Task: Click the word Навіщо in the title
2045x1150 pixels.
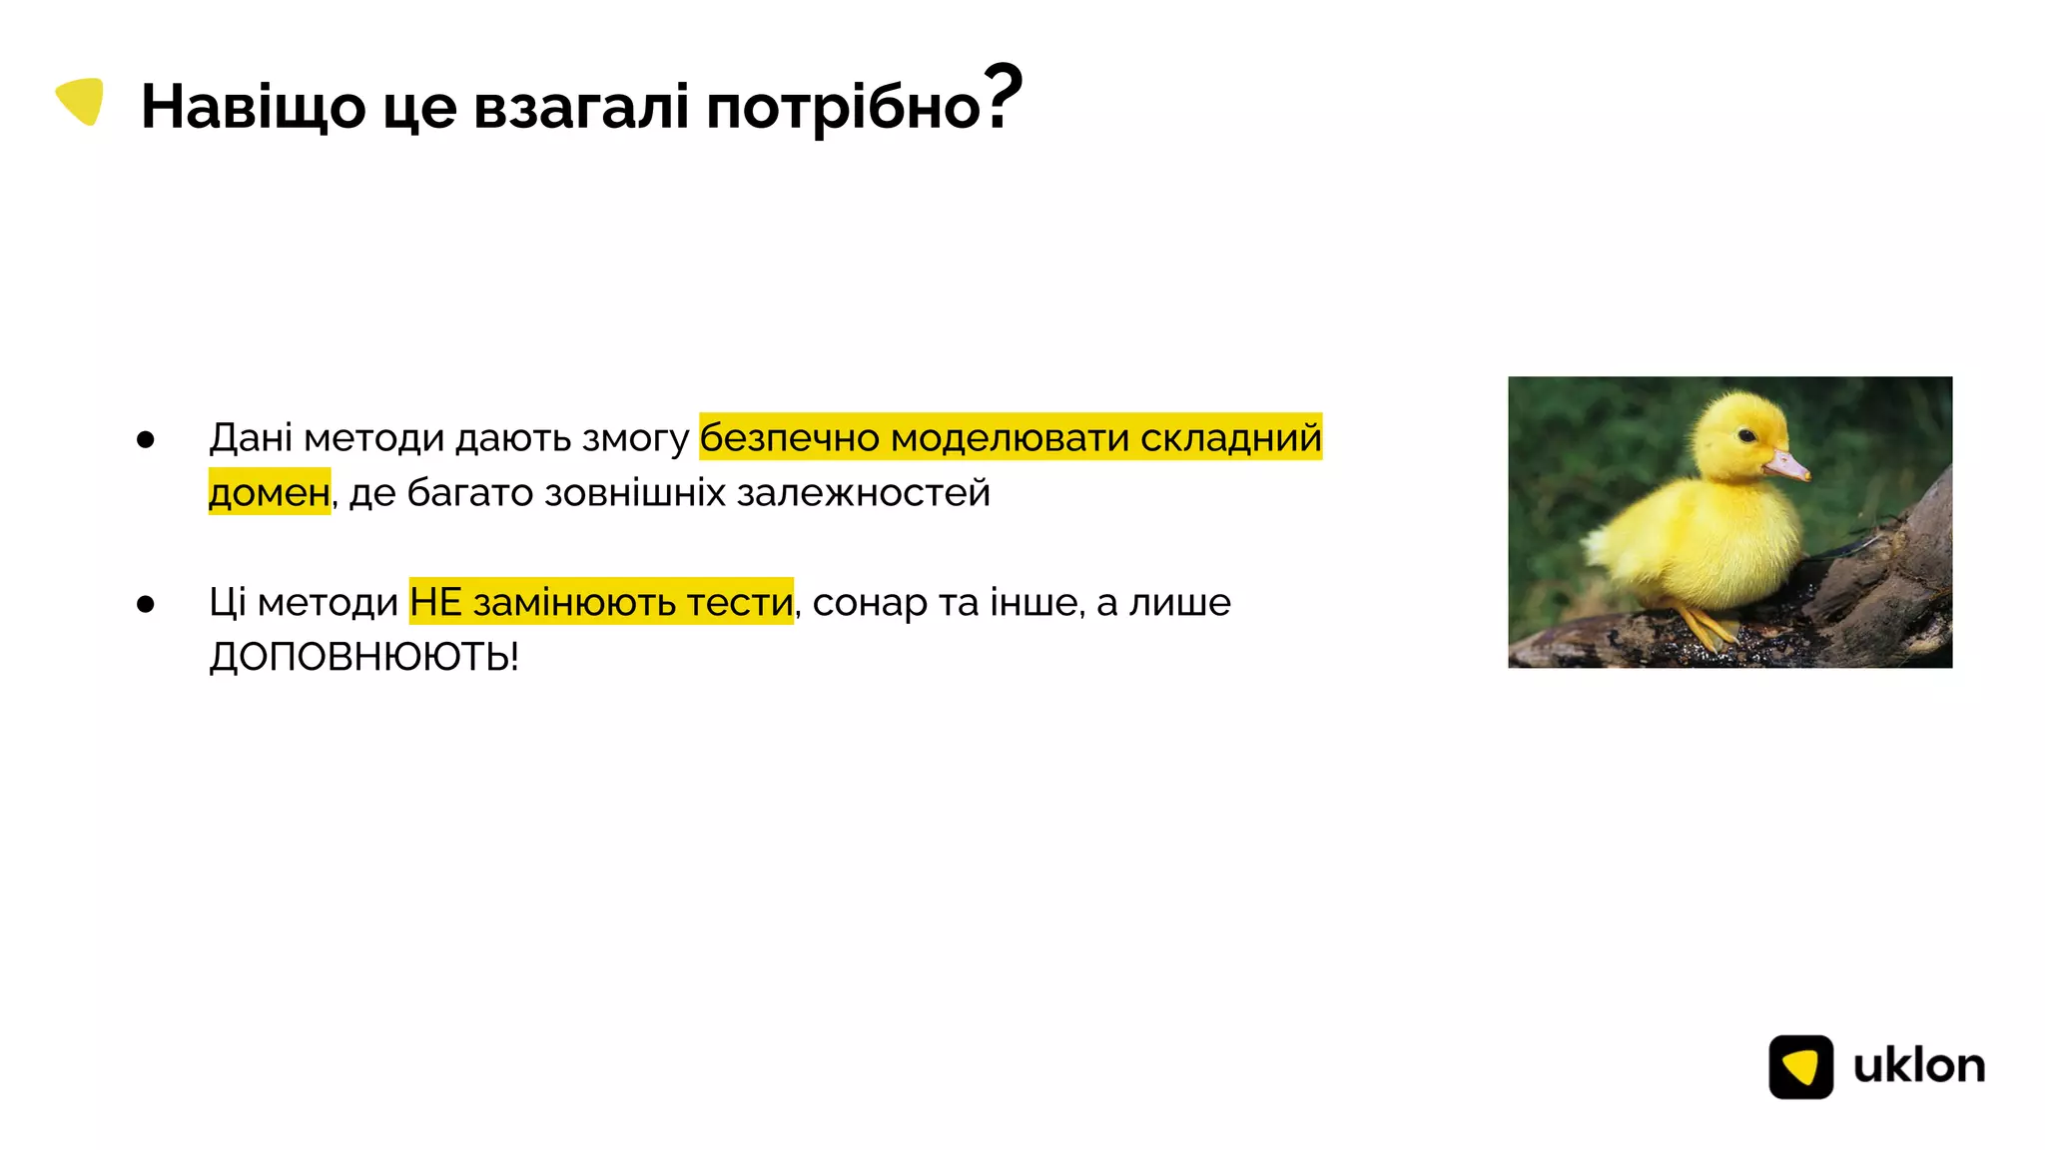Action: (x=253, y=107)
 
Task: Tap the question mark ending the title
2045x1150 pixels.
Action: (x=1003, y=97)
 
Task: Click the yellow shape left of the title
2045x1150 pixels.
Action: (x=81, y=101)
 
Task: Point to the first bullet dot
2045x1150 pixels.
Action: (x=146, y=440)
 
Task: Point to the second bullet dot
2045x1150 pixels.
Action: (x=146, y=605)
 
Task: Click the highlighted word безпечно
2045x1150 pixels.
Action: (x=789, y=438)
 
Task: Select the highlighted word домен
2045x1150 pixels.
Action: (x=269, y=493)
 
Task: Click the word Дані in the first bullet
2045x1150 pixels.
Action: (x=251, y=438)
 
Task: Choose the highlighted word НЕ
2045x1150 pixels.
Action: (x=435, y=603)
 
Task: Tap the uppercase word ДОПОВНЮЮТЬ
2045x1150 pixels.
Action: (x=362, y=658)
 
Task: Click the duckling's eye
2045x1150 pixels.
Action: (x=1746, y=435)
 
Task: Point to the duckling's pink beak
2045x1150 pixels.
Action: (x=1788, y=465)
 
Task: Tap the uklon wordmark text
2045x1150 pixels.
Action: (x=1918, y=1066)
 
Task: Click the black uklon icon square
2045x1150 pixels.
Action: (x=1800, y=1066)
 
